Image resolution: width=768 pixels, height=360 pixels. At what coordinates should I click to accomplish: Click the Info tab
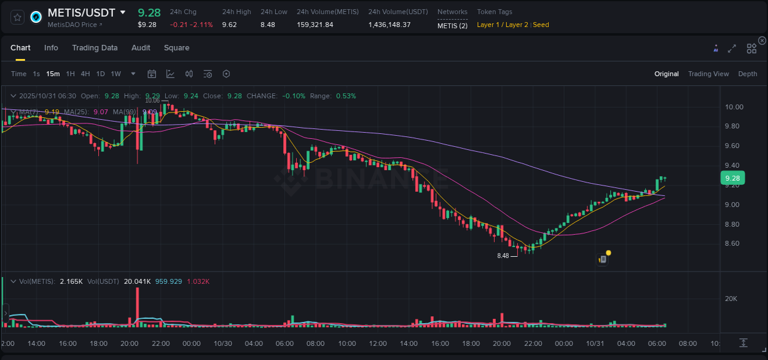pos(51,48)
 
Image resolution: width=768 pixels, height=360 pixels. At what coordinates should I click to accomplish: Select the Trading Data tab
pos(95,48)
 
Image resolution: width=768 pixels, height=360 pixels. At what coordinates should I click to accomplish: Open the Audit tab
pos(141,48)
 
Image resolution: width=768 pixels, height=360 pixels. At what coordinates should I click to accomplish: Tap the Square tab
pos(176,48)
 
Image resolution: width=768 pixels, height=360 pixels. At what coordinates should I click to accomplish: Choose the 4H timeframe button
pos(85,74)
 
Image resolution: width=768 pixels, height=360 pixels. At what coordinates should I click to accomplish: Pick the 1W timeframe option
pos(116,74)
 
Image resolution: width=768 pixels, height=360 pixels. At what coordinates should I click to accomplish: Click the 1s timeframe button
pos(36,74)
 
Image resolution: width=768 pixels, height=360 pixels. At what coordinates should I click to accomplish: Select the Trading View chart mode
pos(708,74)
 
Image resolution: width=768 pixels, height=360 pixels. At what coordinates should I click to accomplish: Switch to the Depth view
pos(748,74)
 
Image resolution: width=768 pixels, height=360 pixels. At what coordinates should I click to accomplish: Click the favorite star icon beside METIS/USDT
pos(18,17)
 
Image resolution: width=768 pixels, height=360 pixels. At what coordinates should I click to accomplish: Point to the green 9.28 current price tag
pos(732,178)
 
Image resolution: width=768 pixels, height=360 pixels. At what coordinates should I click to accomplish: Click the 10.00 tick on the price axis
pos(734,107)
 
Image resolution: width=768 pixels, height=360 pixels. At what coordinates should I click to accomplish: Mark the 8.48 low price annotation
pos(503,256)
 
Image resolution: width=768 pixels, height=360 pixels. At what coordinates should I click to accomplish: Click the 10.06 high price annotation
pos(152,100)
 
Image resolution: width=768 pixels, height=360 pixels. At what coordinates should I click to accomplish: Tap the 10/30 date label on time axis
pos(222,343)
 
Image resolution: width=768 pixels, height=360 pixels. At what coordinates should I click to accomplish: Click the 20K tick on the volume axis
pos(731,299)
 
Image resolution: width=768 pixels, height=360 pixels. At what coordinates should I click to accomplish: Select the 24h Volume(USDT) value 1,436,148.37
pos(390,25)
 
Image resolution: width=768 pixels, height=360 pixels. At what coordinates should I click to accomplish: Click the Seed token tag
pos(541,25)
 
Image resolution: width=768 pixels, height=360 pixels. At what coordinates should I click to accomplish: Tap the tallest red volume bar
pos(137,306)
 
